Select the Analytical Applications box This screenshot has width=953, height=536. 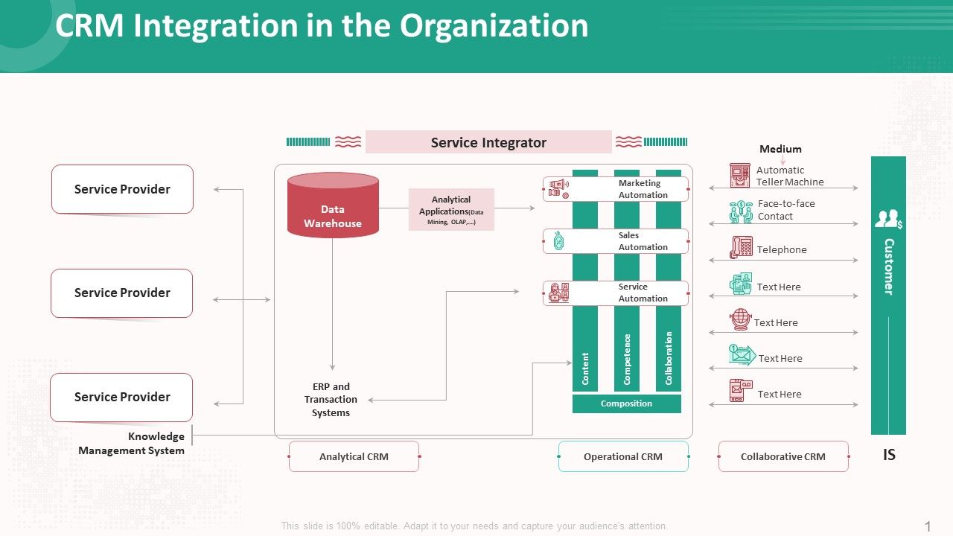tap(451, 209)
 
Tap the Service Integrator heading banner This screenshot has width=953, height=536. tap(488, 142)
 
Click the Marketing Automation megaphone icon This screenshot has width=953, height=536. tap(558, 189)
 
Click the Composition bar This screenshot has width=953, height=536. tap(626, 403)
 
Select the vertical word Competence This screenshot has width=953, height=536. tap(627, 360)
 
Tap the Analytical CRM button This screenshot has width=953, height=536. tap(354, 456)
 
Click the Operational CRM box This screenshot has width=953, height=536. tap(623, 456)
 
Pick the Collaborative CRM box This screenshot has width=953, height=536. tap(783, 456)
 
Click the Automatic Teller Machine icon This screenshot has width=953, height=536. tap(740, 176)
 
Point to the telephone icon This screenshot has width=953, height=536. tap(741, 247)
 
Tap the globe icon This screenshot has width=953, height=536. tap(741, 319)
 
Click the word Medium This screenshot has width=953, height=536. tap(780, 149)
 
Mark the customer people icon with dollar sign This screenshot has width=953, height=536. tap(888, 219)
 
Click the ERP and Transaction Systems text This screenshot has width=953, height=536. tap(331, 400)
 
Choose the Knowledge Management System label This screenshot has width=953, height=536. tap(132, 443)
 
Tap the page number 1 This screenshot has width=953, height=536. tap(928, 526)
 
